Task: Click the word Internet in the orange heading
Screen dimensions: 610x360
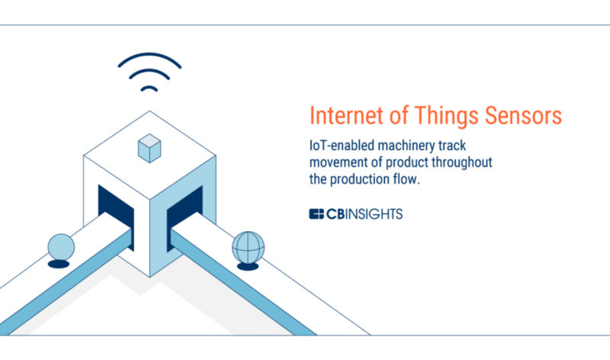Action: click(346, 115)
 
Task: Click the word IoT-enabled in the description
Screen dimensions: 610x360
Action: click(342, 146)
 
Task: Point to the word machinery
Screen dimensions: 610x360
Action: click(406, 146)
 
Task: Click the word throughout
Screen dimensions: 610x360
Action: click(462, 162)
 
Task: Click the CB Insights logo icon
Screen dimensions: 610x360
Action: click(316, 214)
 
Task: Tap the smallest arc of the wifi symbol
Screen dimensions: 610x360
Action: click(149, 88)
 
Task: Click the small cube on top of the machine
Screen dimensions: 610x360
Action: click(149, 148)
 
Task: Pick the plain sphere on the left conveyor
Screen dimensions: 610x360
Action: click(61, 247)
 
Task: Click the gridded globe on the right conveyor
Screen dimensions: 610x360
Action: click(249, 248)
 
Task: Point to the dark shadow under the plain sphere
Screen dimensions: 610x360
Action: click(59, 264)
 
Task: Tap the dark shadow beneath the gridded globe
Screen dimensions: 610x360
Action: click(248, 267)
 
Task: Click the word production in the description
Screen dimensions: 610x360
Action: click(359, 179)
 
